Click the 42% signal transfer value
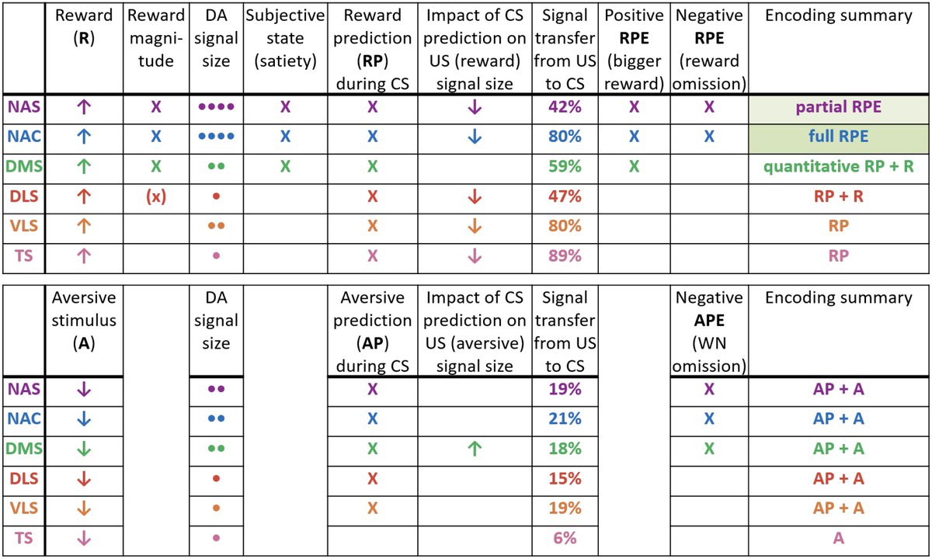[565, 107]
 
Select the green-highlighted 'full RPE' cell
[838, 137]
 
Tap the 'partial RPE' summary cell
[838, 107]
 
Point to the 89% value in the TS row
[565, 255]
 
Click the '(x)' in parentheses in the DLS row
[156, 196]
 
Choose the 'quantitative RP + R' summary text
[838, 166]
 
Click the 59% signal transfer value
[565, 166]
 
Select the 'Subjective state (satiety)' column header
[285, 38]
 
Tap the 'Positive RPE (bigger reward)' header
[634, 50]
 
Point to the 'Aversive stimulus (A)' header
[84, 321]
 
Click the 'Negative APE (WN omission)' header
[709, 332]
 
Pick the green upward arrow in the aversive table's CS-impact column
[475, 449]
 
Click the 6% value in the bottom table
[565, 538]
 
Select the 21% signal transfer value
[565, 418]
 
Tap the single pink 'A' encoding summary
[838, 538]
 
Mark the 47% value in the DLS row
[565, 196]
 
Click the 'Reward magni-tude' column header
[156, 38]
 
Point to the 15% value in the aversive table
[565, 478]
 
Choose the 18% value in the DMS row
[565, 449]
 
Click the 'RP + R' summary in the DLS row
[838, 196]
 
